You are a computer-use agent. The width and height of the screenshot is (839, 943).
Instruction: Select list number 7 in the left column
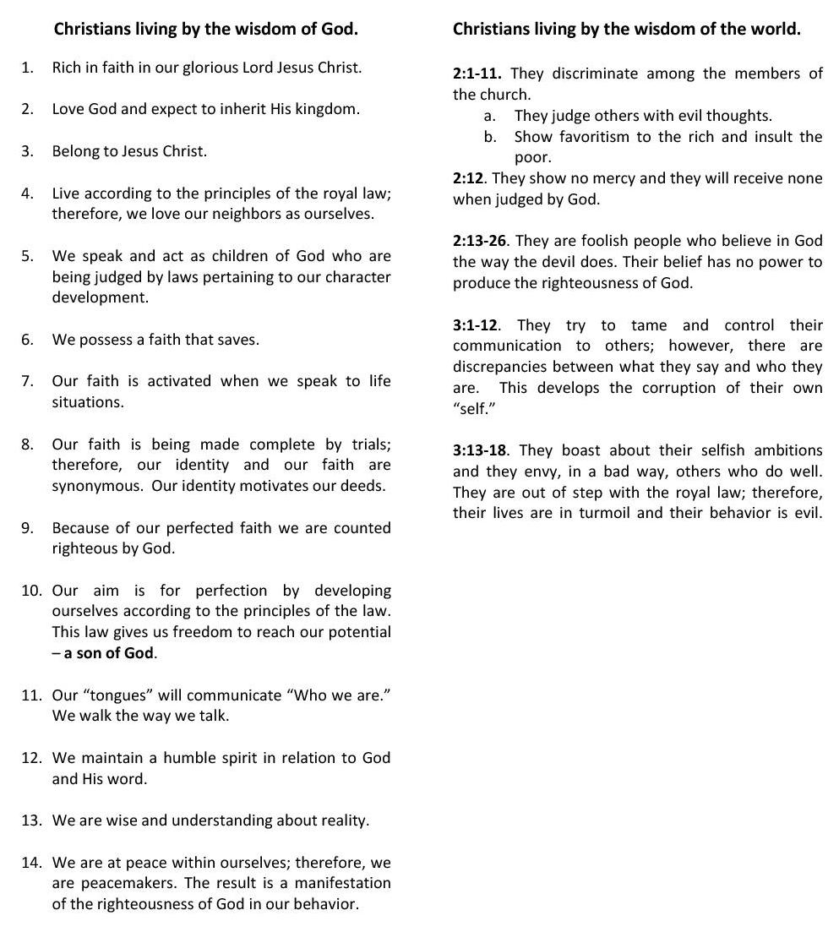29,381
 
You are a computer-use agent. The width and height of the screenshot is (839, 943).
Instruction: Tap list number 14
31,863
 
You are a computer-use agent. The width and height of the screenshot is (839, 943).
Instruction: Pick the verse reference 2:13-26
480,241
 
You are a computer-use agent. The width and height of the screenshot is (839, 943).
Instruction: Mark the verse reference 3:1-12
476,325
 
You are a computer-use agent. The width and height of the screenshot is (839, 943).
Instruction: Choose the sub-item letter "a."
489,116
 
